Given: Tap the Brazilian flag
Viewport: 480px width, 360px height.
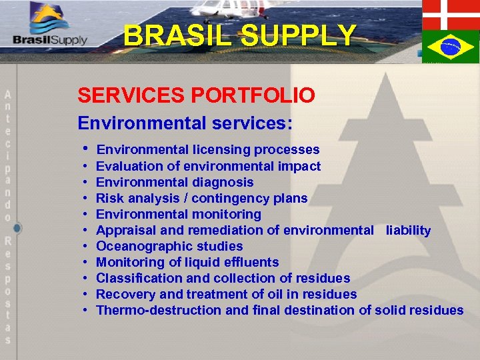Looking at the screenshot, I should tap(450, 47).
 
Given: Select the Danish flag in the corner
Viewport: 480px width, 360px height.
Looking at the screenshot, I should tap(450, 14).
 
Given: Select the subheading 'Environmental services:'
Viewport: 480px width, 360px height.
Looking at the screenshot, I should tap(185, 123).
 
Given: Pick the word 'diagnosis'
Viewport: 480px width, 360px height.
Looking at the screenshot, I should tap(223, 182).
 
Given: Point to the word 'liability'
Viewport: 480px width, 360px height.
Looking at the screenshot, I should tap(408, 230).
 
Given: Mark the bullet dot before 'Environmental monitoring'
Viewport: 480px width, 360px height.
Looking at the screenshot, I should tap(87, 215).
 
